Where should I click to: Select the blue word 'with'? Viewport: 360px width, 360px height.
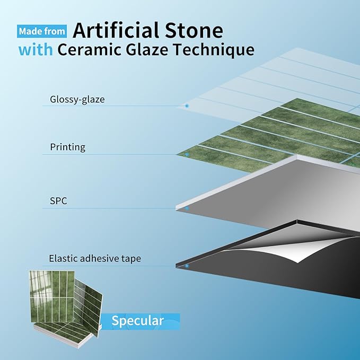point(36,50)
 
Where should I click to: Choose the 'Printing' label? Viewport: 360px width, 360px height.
point(67,147)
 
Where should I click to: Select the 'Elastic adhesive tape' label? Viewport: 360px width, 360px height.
point(94,259)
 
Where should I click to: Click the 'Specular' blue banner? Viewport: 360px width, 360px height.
point(138,320)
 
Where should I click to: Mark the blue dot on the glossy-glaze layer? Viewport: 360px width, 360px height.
point(187,106)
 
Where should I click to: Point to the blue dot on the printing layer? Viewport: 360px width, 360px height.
point(187,155)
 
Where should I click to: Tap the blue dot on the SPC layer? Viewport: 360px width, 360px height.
point(187,209)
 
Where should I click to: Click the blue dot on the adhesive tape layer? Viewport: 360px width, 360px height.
point(187,266)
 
